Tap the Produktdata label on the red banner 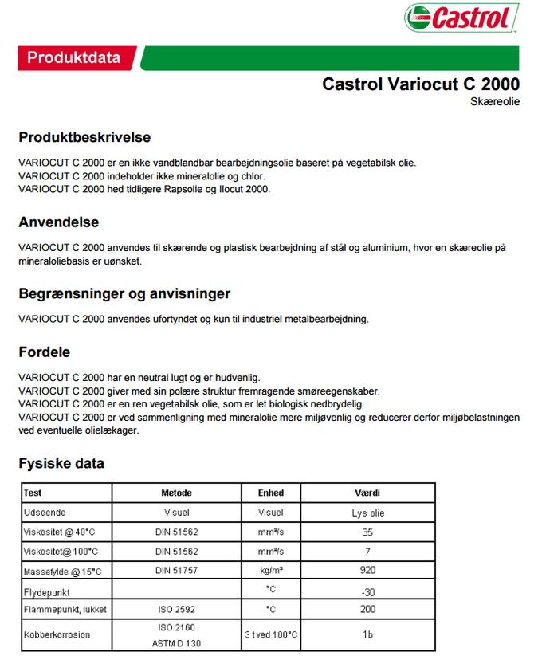coord(74,57)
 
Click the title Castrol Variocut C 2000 coord(420,84)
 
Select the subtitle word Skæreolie coord(496,102)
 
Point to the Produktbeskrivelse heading coord(84,137)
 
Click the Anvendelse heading coord(59,222)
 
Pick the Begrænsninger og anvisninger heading coord(124,293)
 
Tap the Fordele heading coord(45,352)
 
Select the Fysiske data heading coord(61,463)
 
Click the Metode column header coord(176,493)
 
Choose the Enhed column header coord(271,493)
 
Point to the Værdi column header coord(367,493)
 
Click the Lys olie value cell coord(367,513)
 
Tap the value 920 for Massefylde coord(367,572)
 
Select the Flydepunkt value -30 coord(367,591)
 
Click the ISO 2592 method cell coord(176,611)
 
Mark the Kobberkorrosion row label coord(57,635)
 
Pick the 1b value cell coord(367,635)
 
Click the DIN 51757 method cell coord(176,572)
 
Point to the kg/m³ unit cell coord(271,572)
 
